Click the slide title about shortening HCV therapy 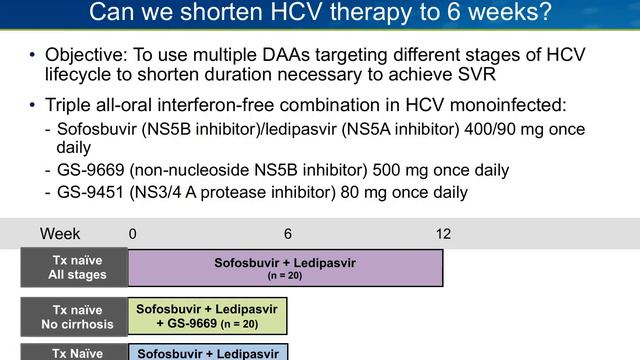click(x=319, y=14)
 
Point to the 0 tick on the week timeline click(x=132, y=234)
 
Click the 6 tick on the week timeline click(x=288, y=234)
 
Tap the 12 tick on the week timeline click(x=443, y=234)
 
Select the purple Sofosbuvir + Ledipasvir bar click(x=285, y=268)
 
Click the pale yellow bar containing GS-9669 click(x=207, y=315)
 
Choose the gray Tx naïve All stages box click(x=74, y=268)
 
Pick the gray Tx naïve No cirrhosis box click(x=74, y=315)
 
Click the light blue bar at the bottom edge click(x=207, y=352)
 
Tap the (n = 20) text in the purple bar click(x=285, y=275)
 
